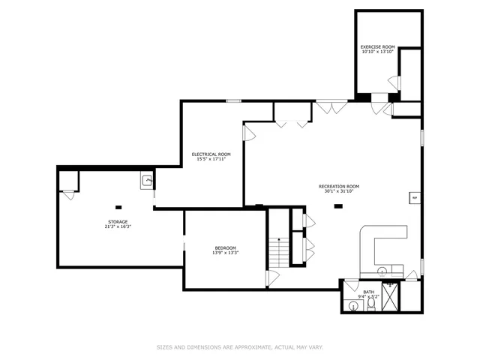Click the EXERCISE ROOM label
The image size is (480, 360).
tap(377, 47)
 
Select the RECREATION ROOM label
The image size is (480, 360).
tap(339, 186)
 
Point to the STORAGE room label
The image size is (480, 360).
tap(117, 222)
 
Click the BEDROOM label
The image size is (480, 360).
tap(225, 248)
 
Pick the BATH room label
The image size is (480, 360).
tap(368, 292)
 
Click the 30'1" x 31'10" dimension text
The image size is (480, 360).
tap(339, 191)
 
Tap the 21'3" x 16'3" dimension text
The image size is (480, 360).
tap(117, 226)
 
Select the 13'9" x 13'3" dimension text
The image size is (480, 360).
tap(225, 253)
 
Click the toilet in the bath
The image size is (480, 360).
tap(370, 306)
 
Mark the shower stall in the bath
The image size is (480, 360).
tap(391, 295)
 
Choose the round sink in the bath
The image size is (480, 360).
tap(352, 305)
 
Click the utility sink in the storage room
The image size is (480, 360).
tap(147, 180)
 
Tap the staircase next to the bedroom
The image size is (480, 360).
tap(279, 252)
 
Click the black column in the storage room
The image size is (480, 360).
tap(118, 206)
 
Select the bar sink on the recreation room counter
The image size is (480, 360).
tap(382, 271)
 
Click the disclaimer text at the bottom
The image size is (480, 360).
tap(239, 347)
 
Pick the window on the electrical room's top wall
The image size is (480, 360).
tap(234, 100)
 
